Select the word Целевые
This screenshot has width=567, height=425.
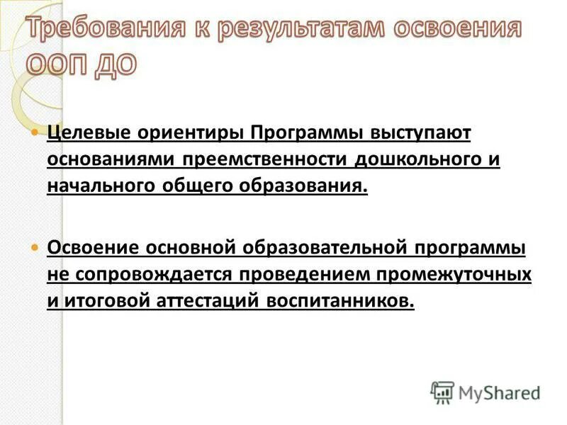pyautogui.click(x=83, y=133)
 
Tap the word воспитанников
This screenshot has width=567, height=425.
pyautogui.click(x=340, y=301)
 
